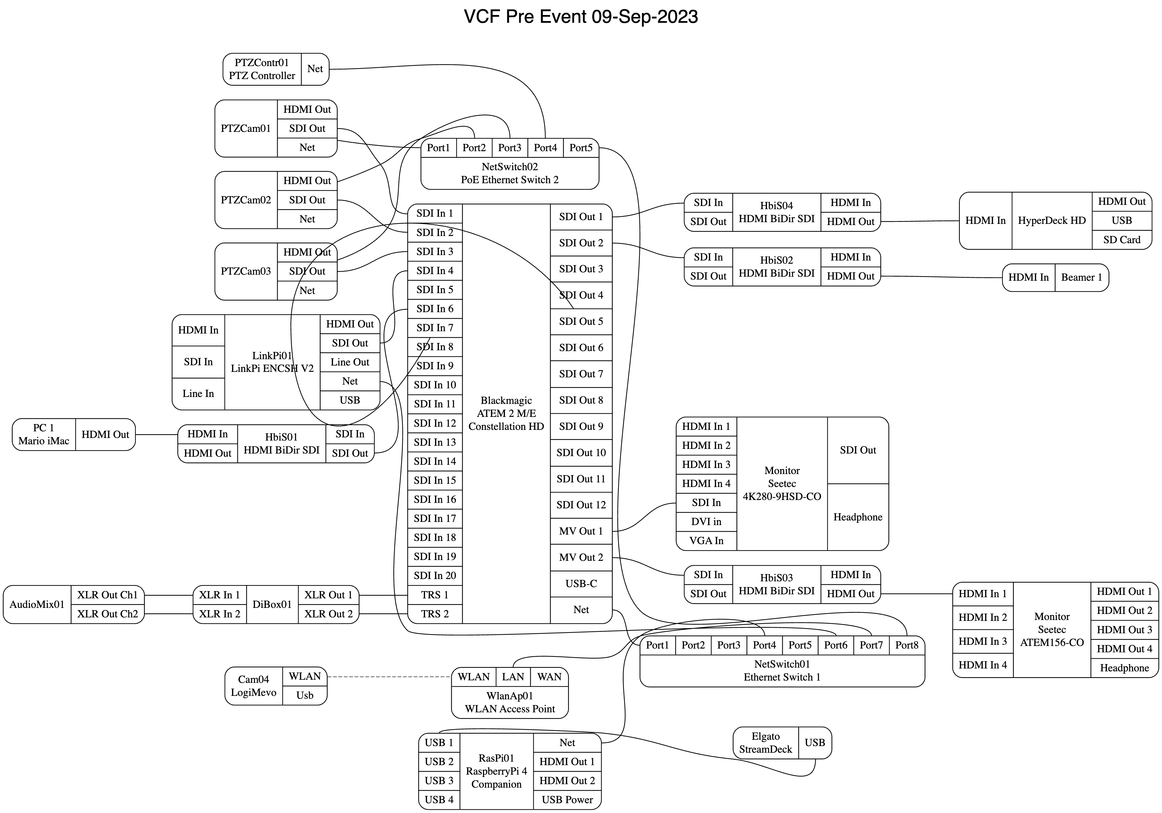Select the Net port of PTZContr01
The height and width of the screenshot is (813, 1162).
coord(315,69)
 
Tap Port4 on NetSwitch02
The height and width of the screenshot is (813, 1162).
coord(545,148)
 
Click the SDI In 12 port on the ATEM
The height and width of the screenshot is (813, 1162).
coord(435,423)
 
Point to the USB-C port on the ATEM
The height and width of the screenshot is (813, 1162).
coord(581,584)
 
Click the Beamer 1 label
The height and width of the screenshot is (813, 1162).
coord(1082,278)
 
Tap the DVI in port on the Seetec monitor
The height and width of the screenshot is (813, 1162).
coord(706,522)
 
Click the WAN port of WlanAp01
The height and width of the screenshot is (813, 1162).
coord(549,677)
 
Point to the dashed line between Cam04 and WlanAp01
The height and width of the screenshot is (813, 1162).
coord(390,677)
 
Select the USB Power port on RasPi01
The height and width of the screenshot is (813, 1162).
coord(567,800)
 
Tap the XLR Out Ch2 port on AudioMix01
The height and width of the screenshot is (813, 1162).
coord(107,614)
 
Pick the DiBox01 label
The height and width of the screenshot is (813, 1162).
coord(272,604)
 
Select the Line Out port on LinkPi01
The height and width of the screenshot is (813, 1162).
coord(350,362)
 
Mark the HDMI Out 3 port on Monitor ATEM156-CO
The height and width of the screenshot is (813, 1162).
coord(1124,630)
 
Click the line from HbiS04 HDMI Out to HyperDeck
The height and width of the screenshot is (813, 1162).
coord(920,221)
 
